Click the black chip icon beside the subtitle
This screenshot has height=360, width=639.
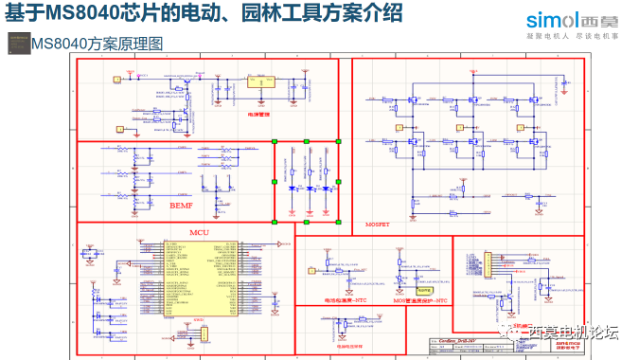tap(17, 43)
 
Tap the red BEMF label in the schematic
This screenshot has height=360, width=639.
tap(181, 206)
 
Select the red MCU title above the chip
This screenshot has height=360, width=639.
tap(199, 232)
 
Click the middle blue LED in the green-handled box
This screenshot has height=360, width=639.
tap(307, 189)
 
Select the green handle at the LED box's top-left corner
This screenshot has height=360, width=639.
tap(275, 142)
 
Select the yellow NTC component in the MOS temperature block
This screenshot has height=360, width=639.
tap(425, 290)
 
